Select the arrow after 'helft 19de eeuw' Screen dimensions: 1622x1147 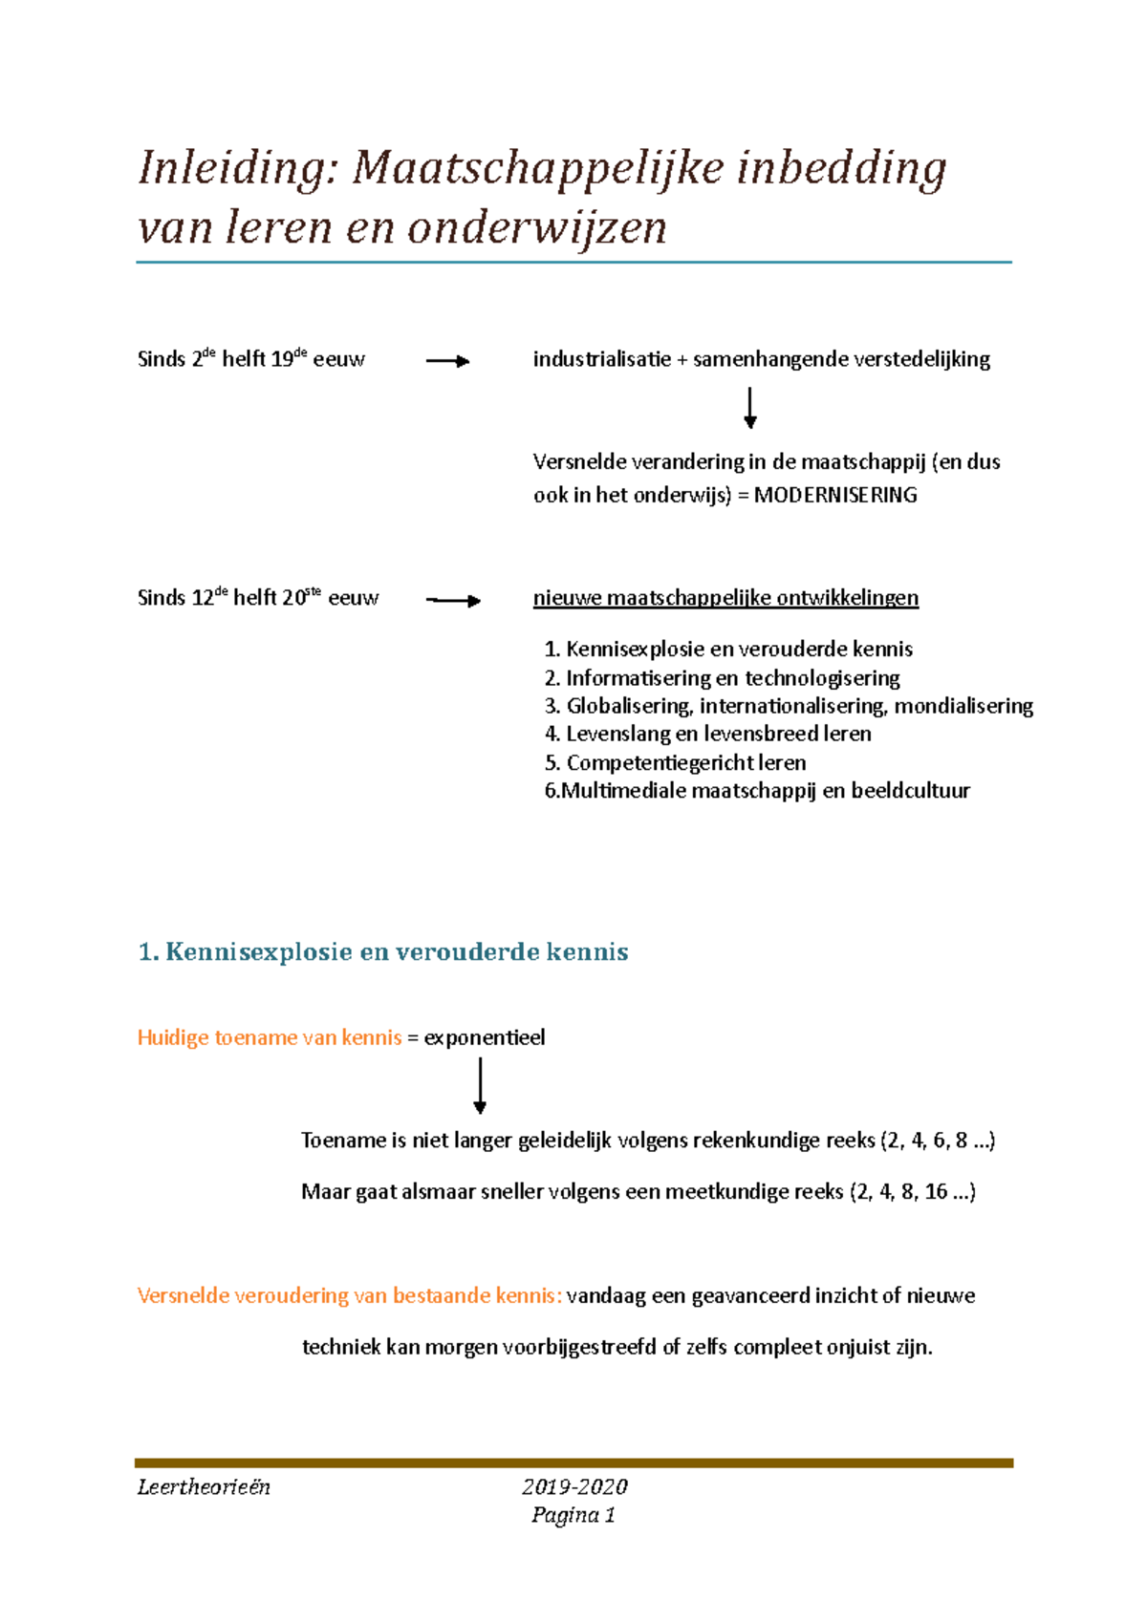point(447,361)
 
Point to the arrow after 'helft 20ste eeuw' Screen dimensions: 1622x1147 point(453,601)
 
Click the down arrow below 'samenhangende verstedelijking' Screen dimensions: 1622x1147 point(750,408)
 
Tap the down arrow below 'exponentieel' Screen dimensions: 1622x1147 point(480,1087)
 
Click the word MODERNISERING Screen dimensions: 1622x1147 point(835,495)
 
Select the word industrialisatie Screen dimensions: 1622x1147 point(601,359)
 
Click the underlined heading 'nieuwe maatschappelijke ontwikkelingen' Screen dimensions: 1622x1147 point(725,598)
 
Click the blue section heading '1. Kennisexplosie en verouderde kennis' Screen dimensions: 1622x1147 point(383,951)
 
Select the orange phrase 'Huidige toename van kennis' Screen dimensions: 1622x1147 point(270,1037)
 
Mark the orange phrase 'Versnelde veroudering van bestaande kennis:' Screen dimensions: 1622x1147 point(349,1295)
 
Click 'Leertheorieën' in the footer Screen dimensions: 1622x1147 point(204,1486)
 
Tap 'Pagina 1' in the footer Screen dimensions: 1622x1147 point(573,1515)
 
